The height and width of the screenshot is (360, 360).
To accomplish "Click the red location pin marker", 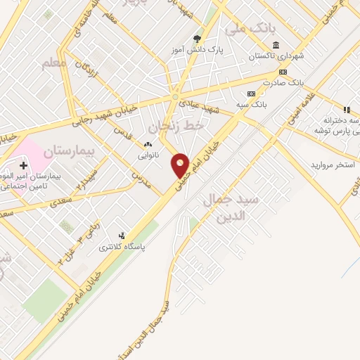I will coord(181,166).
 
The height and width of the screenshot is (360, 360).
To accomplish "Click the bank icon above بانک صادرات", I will coord(283,72).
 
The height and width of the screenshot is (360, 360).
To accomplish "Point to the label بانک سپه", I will coord(251,105).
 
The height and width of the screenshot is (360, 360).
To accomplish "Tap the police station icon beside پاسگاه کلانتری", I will coord(122,236).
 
